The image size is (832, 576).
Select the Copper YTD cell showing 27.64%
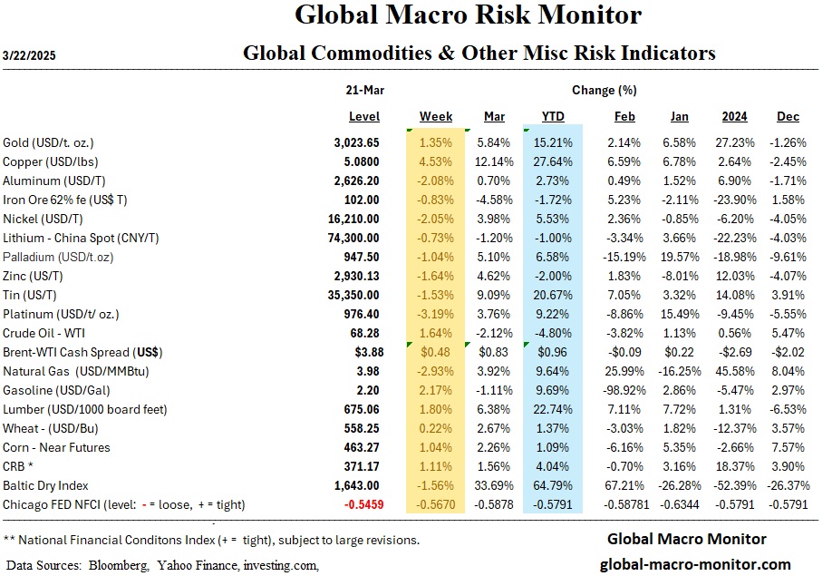[x=553, y=161]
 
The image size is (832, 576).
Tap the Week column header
[x=436, y=117]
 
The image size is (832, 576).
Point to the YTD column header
[x=553, y=117]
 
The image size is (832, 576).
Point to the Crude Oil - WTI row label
[x=44, y=333]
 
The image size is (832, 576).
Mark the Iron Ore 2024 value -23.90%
[x=731, y=200]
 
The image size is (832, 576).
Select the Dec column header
[x=788, y=117]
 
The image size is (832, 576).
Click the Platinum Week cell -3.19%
[x=436, y=314]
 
